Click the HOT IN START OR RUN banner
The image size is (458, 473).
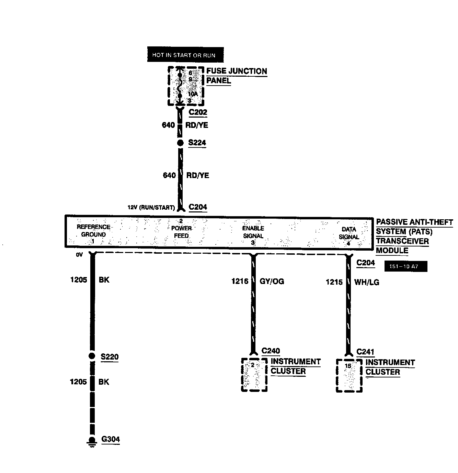click(x=185, y=55)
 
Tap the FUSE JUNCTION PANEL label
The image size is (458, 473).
click(x=236, y=76)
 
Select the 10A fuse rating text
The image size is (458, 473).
click(x=193, y=94)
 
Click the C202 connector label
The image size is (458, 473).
click(x=198, y=112)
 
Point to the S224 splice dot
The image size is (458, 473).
click(x=180, y=143)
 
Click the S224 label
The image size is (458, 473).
click(x=197, y=143)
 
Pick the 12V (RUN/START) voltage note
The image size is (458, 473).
click(x=151, y=208)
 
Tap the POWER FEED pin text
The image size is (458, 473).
click(x=181, y=232)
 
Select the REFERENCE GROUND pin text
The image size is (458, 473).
click(x=93, y=231)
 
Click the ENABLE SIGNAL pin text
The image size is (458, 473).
click(x=253, y=232)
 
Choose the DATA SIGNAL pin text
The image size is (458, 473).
click(x=348, y=233)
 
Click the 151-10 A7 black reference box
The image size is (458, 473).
click(x=406, y=266)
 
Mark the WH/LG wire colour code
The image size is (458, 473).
click(x=367, y=283)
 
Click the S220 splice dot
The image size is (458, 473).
click(x=92, y=356)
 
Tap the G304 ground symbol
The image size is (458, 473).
click(x=92, y=441)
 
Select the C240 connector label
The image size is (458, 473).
click(x=271, y=351)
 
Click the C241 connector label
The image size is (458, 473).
click(x=365, y=352)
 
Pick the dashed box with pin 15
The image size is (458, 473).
click(x=349, y=375)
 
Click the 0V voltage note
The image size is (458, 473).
click(x=80, y=255)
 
